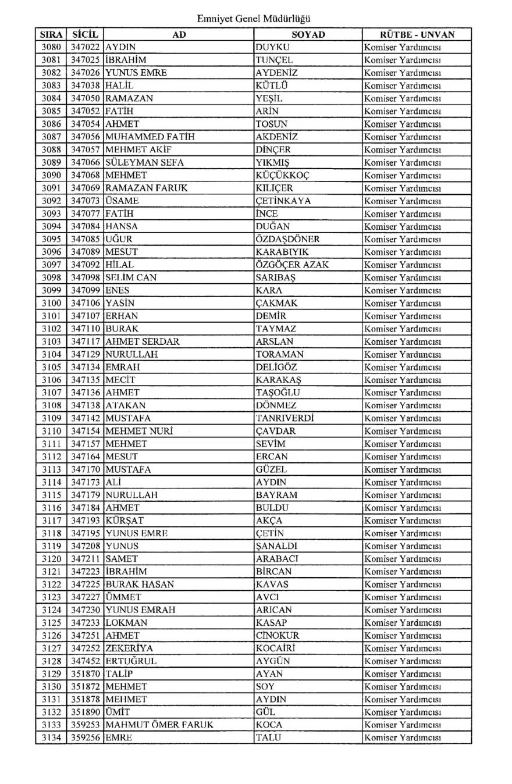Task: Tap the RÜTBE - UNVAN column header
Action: [x=417, y=34]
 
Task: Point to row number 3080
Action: [x=51, y=47]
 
